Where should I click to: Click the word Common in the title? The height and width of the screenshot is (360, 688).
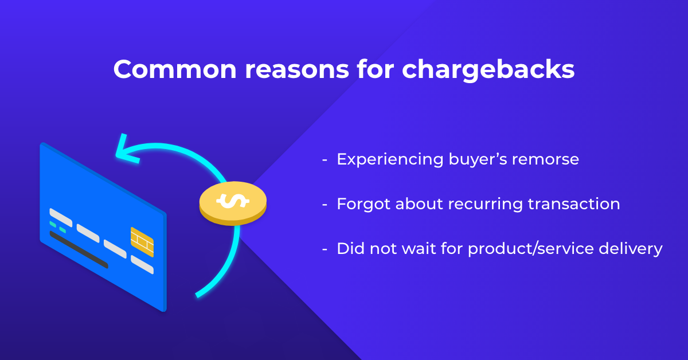coord(175,69)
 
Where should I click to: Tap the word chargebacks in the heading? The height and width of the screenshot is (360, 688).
coord(488,70)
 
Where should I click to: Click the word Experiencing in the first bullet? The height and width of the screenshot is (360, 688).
coord(390,160)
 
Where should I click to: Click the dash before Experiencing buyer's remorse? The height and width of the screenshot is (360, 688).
coord(325,161)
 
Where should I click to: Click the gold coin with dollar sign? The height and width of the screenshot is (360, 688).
coord(233,204)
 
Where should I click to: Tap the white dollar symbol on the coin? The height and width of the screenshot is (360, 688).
coord(233,201)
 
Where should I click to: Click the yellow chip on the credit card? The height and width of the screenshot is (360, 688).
coord(142,242)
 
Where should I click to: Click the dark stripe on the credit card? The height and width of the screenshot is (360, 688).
coord(79,250)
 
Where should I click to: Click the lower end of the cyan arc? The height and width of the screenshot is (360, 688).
coord(197,295)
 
